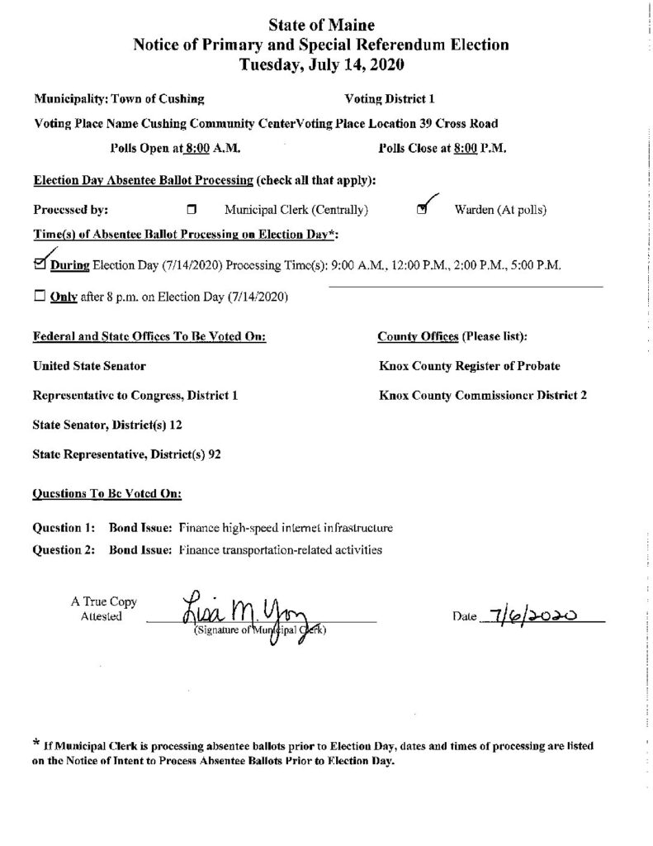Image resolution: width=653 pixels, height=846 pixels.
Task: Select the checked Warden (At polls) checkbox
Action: pyautogui.click(x=423, y=210)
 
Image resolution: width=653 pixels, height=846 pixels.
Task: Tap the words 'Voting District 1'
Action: pyautogui.click(x=389, y=99)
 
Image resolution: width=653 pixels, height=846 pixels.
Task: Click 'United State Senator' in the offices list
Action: pyautogui.click(x=90, y=364)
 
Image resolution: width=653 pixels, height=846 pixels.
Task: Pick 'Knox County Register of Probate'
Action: pyautogui.click(x=472, y=364)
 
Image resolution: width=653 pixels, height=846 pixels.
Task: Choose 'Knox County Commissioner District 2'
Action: pyautogui.click(x=483, y=395)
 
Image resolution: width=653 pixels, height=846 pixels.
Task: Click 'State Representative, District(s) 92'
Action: pyautogui.click(x=125, y=454)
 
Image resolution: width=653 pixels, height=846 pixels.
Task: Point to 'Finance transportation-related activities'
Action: pyautogui.click(x=280, y=549)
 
